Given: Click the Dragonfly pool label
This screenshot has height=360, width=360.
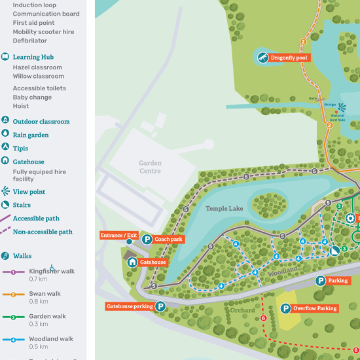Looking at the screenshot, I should pos(289,58).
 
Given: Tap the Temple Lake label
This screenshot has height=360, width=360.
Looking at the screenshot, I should pos(225,208).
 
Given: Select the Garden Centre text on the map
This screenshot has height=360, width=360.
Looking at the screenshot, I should pos(150,167).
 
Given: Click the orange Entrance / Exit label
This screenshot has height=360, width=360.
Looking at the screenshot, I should pos(119,235).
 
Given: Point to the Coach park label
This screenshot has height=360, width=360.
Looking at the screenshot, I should pos(169,240).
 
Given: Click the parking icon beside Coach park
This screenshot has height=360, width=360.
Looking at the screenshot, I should pos(147,240).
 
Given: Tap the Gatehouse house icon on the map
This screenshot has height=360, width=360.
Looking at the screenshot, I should pos(132,262).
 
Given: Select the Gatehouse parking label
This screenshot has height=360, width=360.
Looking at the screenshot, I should pos(130,306).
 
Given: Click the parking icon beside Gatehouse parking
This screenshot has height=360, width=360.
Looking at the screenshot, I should pos(160,306).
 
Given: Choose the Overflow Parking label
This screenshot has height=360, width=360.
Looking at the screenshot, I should pos(315,308).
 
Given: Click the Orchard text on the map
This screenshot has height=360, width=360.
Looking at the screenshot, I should pos(242,310).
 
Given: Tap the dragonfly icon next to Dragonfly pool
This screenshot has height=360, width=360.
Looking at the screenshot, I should pos(262,58).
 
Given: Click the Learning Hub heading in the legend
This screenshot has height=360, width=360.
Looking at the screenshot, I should pos(33,57).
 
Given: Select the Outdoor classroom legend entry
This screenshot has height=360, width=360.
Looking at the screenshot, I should pos(41,121).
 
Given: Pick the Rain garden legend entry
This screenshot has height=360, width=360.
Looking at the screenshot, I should pos(31,135).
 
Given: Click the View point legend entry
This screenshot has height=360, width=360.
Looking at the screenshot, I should pos(29,192).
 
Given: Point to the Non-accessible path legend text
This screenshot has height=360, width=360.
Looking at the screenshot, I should pos(43,232).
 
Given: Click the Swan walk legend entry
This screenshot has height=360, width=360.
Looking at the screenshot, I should pos(45,294).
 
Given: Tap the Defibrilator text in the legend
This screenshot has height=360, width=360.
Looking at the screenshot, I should pos(30,41).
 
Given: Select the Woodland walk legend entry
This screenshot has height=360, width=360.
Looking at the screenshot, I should pos(51,339).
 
